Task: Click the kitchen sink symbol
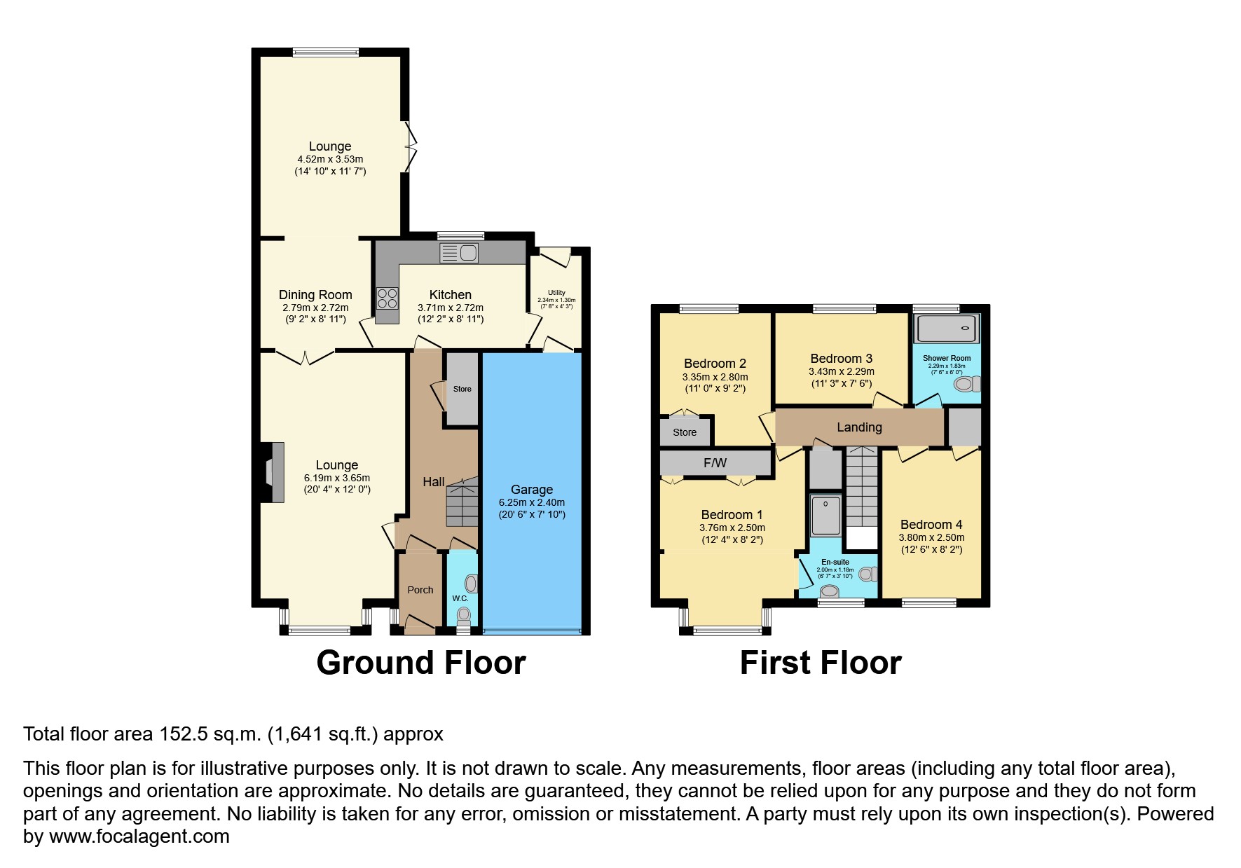[x=459, y=252]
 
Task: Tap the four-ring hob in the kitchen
[x=387, y=298]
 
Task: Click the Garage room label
[x=532, y=490]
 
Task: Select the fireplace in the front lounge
[x=273, y=472]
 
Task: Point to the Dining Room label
[x=315, y=295]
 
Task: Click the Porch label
[x=420, y=590]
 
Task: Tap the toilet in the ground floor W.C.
[x=464, y=616]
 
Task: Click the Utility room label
[x=556, y=293]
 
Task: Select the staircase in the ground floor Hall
[x=462, y=502]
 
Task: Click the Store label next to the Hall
[x=462, y=389]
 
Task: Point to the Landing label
[x=859, y=427]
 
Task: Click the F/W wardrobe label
[x=715, y=463]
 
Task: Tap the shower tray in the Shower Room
[x=947, y=329]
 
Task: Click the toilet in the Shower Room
[x=968, y=384]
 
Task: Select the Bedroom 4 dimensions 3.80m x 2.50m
[x=931, y=537]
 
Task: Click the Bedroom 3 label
[x=841, y=359]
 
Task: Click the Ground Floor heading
[x=420, y=663]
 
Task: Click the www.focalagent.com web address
[x=139, y=836]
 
